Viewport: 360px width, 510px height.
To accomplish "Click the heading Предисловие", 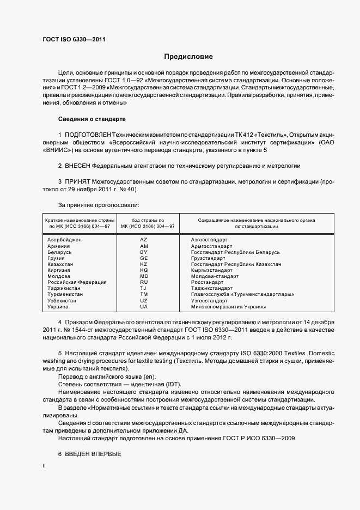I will point(189,57).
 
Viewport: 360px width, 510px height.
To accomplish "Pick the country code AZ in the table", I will point(144,240).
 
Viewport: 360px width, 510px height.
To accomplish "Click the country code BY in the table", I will point(144,252).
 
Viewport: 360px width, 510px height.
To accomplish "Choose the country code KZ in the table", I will point(144,264).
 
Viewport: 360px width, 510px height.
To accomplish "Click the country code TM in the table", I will point(144,294).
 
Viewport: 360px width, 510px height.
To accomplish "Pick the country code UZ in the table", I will point(144,300).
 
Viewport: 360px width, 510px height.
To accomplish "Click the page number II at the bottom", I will point(44,466).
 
